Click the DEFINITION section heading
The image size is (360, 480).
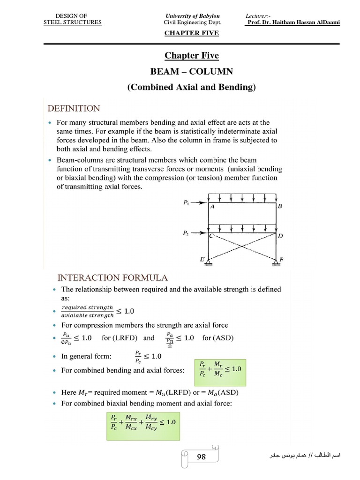74,108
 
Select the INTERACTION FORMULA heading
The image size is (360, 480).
112,278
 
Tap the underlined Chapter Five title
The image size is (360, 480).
191,56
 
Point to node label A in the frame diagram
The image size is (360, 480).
212,210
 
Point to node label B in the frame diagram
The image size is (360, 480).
280,206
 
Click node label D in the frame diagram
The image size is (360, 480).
280,236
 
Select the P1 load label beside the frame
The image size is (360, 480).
187,203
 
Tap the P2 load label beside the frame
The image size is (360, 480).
187,232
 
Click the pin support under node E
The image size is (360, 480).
209,264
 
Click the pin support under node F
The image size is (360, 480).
275,264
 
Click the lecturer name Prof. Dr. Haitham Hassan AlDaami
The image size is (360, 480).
292,22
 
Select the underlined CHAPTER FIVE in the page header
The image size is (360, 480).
191,33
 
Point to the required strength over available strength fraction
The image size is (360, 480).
88,311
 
